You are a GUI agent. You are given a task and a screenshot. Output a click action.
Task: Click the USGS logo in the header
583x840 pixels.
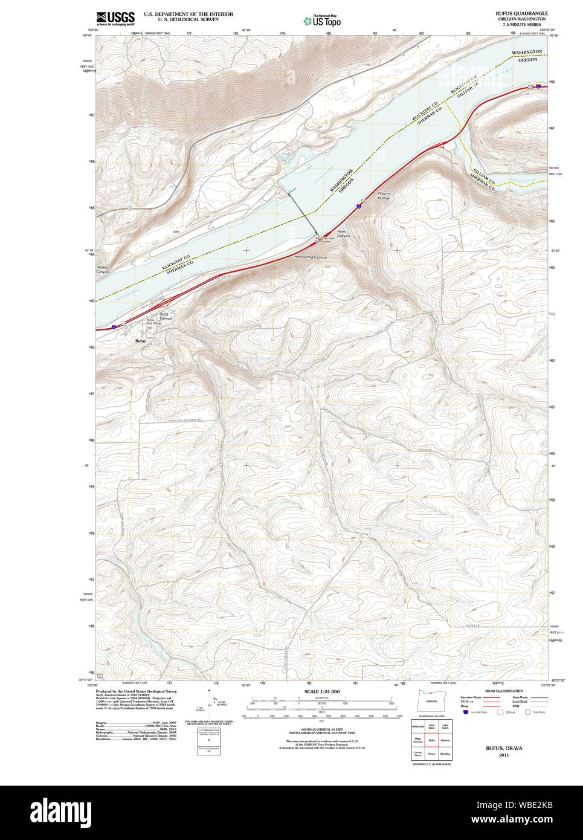pyautogui.click(x=115, y=18)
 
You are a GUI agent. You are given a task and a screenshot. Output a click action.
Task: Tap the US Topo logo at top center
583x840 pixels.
pyautogui.click(x=323, y=21)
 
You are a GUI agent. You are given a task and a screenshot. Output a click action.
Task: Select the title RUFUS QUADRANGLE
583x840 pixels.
pyautogui.click(x=521, y=13)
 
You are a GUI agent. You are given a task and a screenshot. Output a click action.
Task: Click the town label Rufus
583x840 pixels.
pyautogui.click(x=140, y=341)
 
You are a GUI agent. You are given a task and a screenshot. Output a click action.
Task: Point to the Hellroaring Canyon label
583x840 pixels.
pyautogui.click(x=311, y=257)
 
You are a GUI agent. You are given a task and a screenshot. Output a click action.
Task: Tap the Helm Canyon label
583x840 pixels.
pyautogui.click(x=343, y=234)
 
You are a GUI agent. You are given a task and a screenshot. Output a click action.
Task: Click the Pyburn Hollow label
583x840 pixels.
pyautogui.click(x=384, y=196)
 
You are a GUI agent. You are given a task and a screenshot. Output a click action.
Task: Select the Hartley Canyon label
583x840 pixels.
pyautogui.click(x=103, y=270)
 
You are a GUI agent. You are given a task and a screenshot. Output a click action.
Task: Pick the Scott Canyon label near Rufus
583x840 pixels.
pyautogui.click(x=166, y=316)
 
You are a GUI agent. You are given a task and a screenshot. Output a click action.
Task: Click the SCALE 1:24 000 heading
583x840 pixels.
pyautogui.click(x=321, y=691)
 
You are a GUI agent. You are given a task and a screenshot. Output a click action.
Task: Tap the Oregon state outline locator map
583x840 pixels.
pyautogui.click(x=431, y=701)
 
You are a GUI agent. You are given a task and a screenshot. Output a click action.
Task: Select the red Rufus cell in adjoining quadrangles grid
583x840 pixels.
pyautogui.click(x=431, y=739)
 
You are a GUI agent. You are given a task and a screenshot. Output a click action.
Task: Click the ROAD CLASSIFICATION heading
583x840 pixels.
pyautogui.click(x=504, y=691)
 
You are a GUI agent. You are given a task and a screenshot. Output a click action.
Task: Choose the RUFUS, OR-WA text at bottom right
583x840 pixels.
pyautogui.click(x=504, y=748)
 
